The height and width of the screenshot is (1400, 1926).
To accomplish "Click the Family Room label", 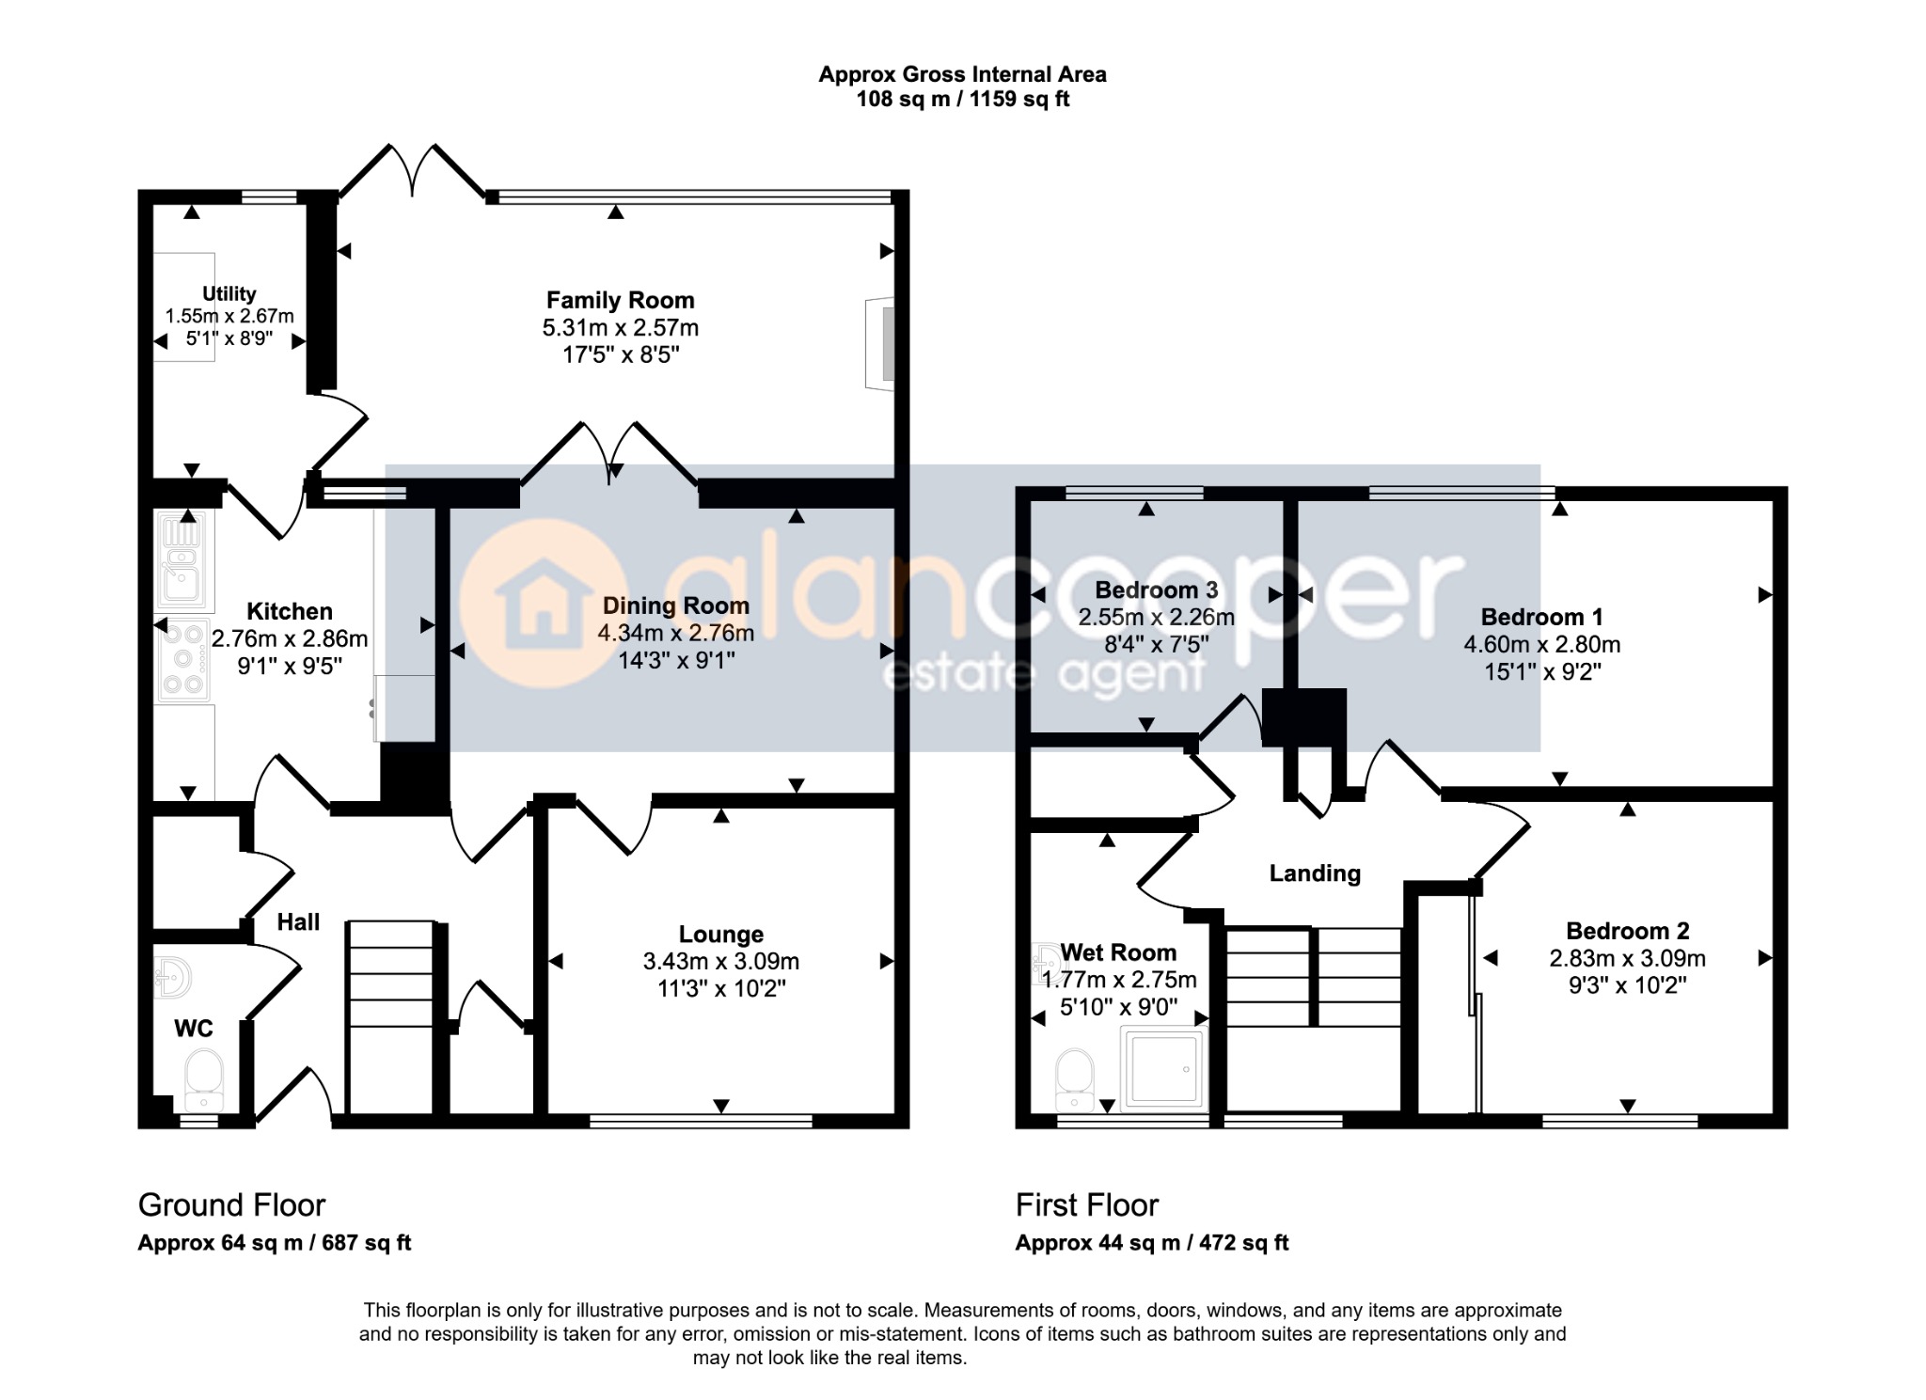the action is pyautogui.click(x=620, y=301).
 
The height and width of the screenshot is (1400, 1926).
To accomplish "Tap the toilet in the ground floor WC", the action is pyautogui.click(x=203, y=1079).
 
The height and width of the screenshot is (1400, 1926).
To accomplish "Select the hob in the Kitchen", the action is pyautogui.click(x=183, y=660).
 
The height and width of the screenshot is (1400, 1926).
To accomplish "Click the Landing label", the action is pyautogui.click(x=1315, y=873).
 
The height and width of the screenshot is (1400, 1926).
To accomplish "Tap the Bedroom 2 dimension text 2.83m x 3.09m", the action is pyautogui.click(x=1627, y=959).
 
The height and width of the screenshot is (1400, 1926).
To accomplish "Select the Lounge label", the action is pyautogui.click(x=721, y=935).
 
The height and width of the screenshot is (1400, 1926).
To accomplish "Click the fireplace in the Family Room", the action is pyautogui.click(x=880, y=343).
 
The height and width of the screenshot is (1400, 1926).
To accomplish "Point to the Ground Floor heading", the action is pyautogui.click(x=231, y=1204).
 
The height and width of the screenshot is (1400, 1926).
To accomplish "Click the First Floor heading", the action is pyautogui.click(x=1087, y=1204).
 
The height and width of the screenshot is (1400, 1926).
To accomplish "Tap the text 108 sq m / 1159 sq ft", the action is pyautogui.click(x=962, y=100).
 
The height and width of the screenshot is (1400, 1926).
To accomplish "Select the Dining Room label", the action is pyautogui.click(x=676, y=606).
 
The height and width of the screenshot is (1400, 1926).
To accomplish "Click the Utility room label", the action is pyautogui.click(x=229, y=294).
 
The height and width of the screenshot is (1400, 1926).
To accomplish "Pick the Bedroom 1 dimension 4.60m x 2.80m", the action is pyautogui.click(x=1542, y=645).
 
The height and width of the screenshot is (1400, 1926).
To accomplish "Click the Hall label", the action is pyautogui.click(x=298, y=922).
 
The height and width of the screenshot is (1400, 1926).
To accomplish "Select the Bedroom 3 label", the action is pyautogui.click(x=1157, y=590).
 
